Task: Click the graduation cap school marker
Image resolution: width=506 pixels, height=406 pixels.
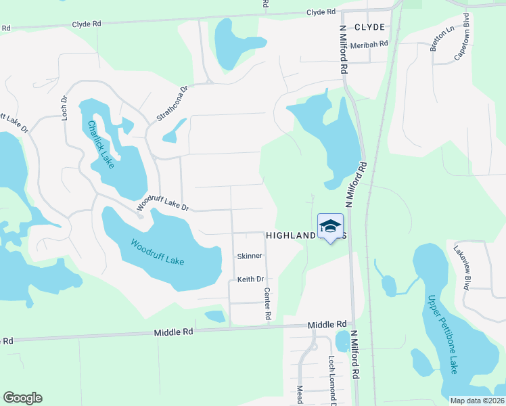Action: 330,227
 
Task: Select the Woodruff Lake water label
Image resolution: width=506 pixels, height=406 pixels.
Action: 157,252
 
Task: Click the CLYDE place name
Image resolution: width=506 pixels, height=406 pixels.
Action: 369,27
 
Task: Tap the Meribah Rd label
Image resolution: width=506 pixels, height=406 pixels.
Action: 369,44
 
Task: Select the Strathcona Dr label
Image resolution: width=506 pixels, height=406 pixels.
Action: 172,103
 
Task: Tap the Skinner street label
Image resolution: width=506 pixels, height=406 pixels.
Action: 249,256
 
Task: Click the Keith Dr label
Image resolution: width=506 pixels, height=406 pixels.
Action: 250,279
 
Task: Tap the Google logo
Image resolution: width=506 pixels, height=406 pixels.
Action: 22,398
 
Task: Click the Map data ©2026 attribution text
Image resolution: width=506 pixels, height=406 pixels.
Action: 476,401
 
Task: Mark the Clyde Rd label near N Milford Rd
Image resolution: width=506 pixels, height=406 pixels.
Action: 321,12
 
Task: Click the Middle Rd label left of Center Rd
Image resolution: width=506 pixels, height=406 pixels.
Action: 173,332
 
